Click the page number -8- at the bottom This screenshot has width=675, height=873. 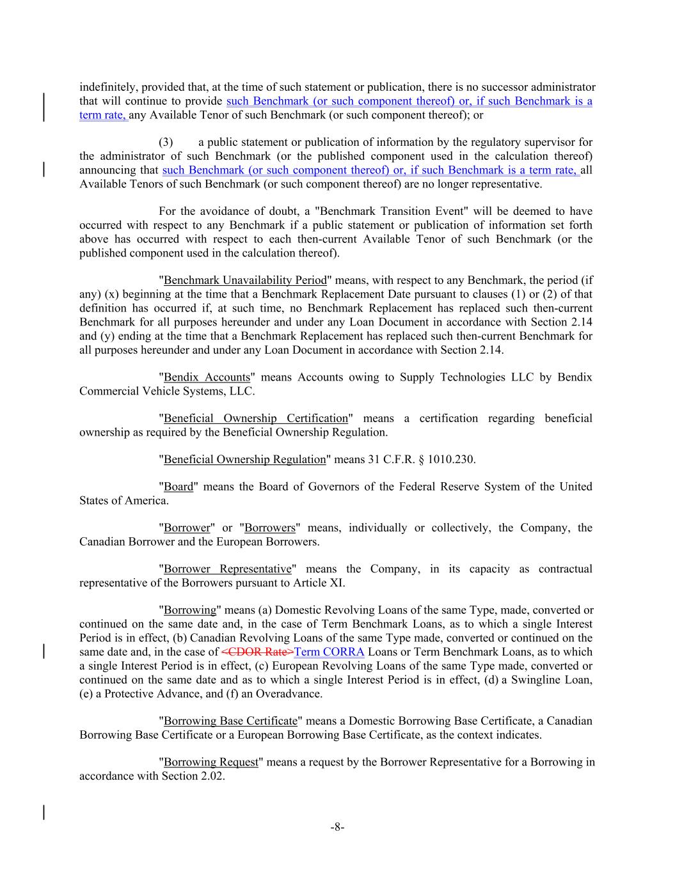click(x=337, y=827)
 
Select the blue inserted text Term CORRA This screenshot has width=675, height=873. click(x=329, y=652)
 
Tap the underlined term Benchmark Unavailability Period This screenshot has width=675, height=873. click(x=245, y=280)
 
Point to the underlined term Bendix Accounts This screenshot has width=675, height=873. click(x=207, y=377)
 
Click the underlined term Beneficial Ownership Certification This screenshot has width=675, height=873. click(x=255, y=418)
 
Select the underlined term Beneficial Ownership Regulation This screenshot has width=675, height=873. click(x=245, y=460)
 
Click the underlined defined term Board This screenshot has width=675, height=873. click(x=179, y=487)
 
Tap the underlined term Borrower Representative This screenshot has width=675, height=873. click(x=228, y=569)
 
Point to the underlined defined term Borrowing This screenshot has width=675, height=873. click(x=191, y=610)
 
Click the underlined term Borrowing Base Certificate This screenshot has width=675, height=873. click(x=231, y=721)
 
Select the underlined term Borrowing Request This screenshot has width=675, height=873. click(x=211, y=762)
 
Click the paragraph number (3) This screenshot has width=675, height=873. click(x=165, y=142)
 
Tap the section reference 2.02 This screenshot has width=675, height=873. click(x=212, y=776)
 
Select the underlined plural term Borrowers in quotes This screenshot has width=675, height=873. click(x=270, y=528)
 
